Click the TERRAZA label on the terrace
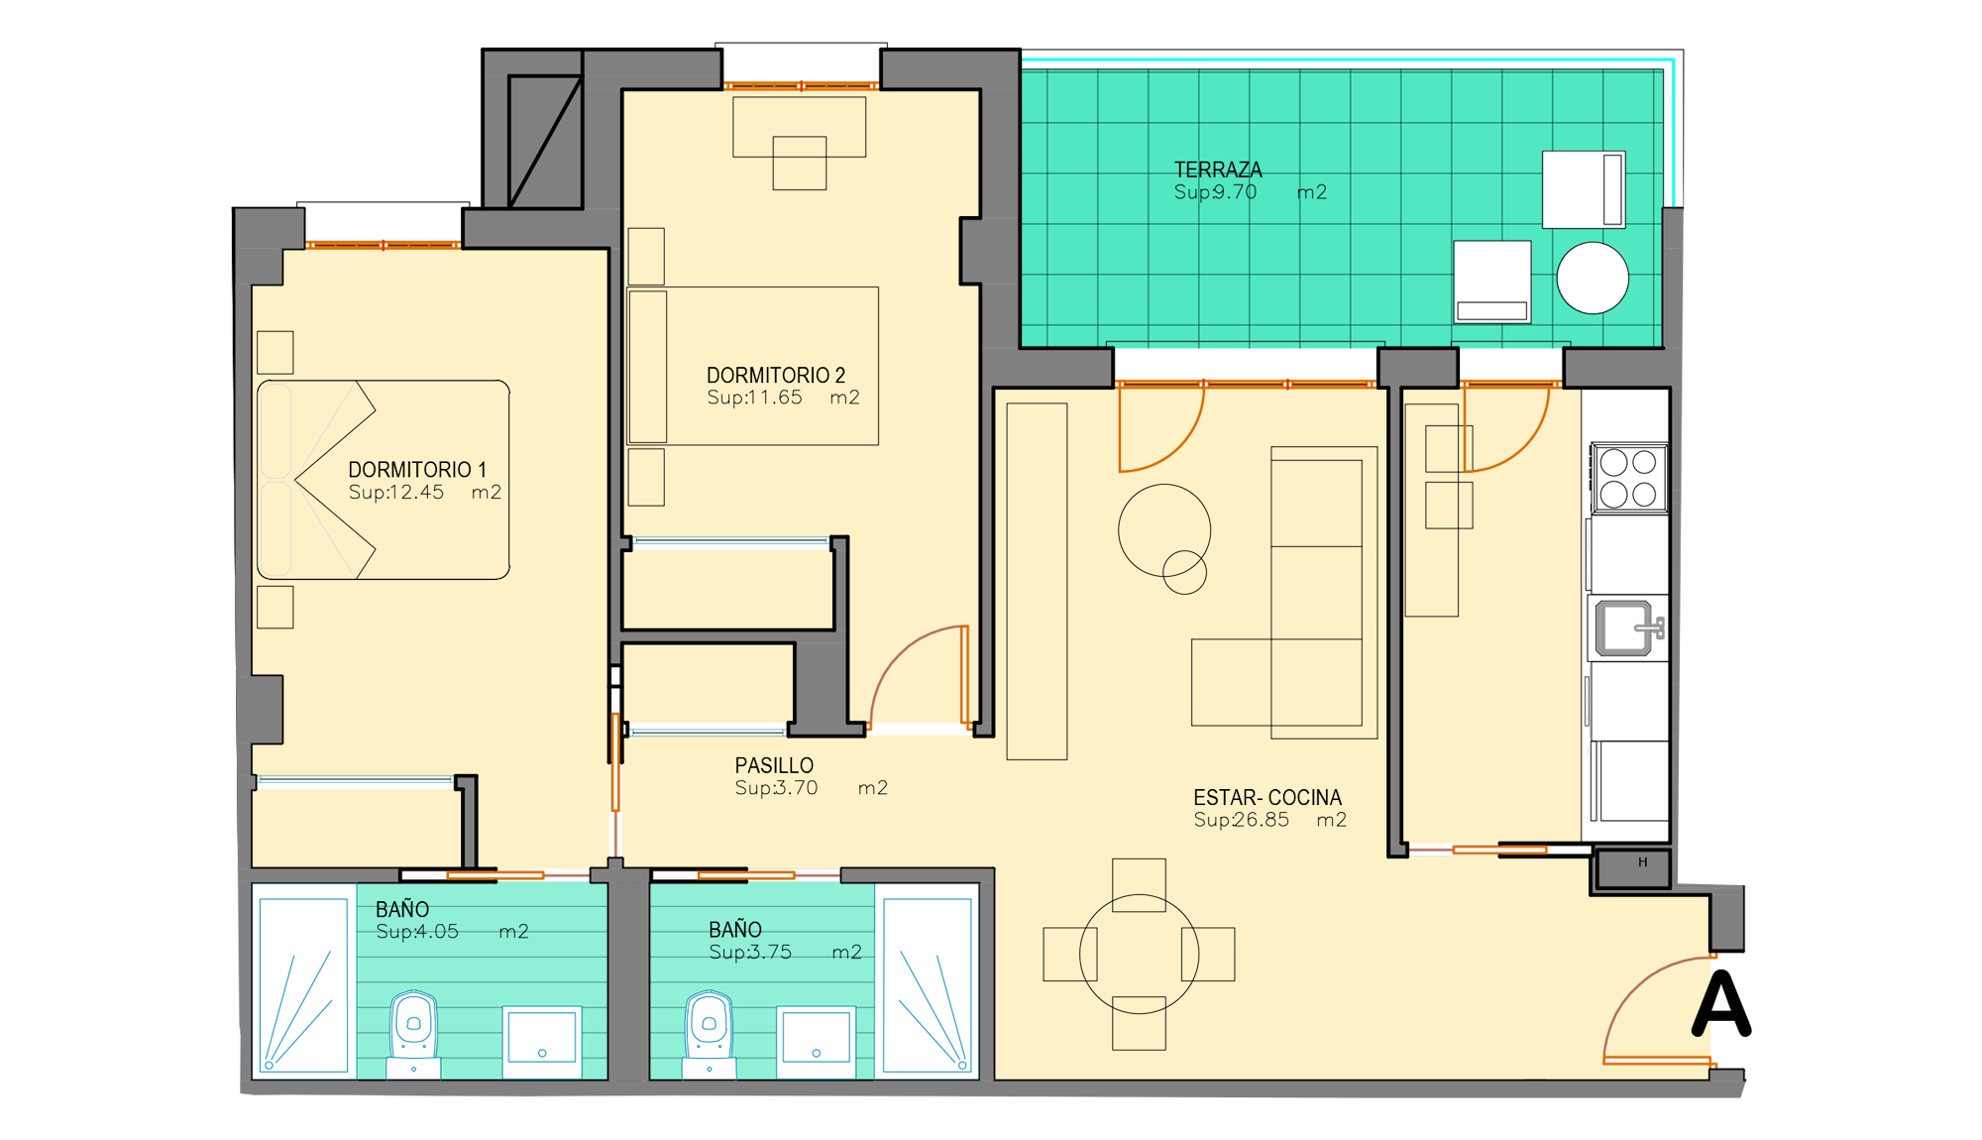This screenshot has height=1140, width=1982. point(1218,170)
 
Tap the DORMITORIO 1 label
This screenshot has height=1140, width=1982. point(417,470)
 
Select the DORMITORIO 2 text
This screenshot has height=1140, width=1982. point(776,376)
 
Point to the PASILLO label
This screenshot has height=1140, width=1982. point(774,766)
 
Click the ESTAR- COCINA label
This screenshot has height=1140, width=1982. point(1267,798)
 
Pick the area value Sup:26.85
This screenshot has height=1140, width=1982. point(1242,820)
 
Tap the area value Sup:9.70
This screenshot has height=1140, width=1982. point(1215,192)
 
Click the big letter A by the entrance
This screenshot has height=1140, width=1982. point(1721,1004)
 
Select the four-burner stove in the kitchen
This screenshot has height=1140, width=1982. point(1629,478)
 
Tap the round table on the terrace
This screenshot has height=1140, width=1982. point(1593,279)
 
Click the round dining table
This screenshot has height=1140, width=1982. point(1139,954)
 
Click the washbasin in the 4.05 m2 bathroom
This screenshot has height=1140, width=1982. point(542,1042)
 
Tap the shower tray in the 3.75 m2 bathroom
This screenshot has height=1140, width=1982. point(928,984)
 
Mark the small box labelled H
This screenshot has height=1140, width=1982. point(1632,869)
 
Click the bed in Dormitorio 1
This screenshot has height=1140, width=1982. point(384,480)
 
